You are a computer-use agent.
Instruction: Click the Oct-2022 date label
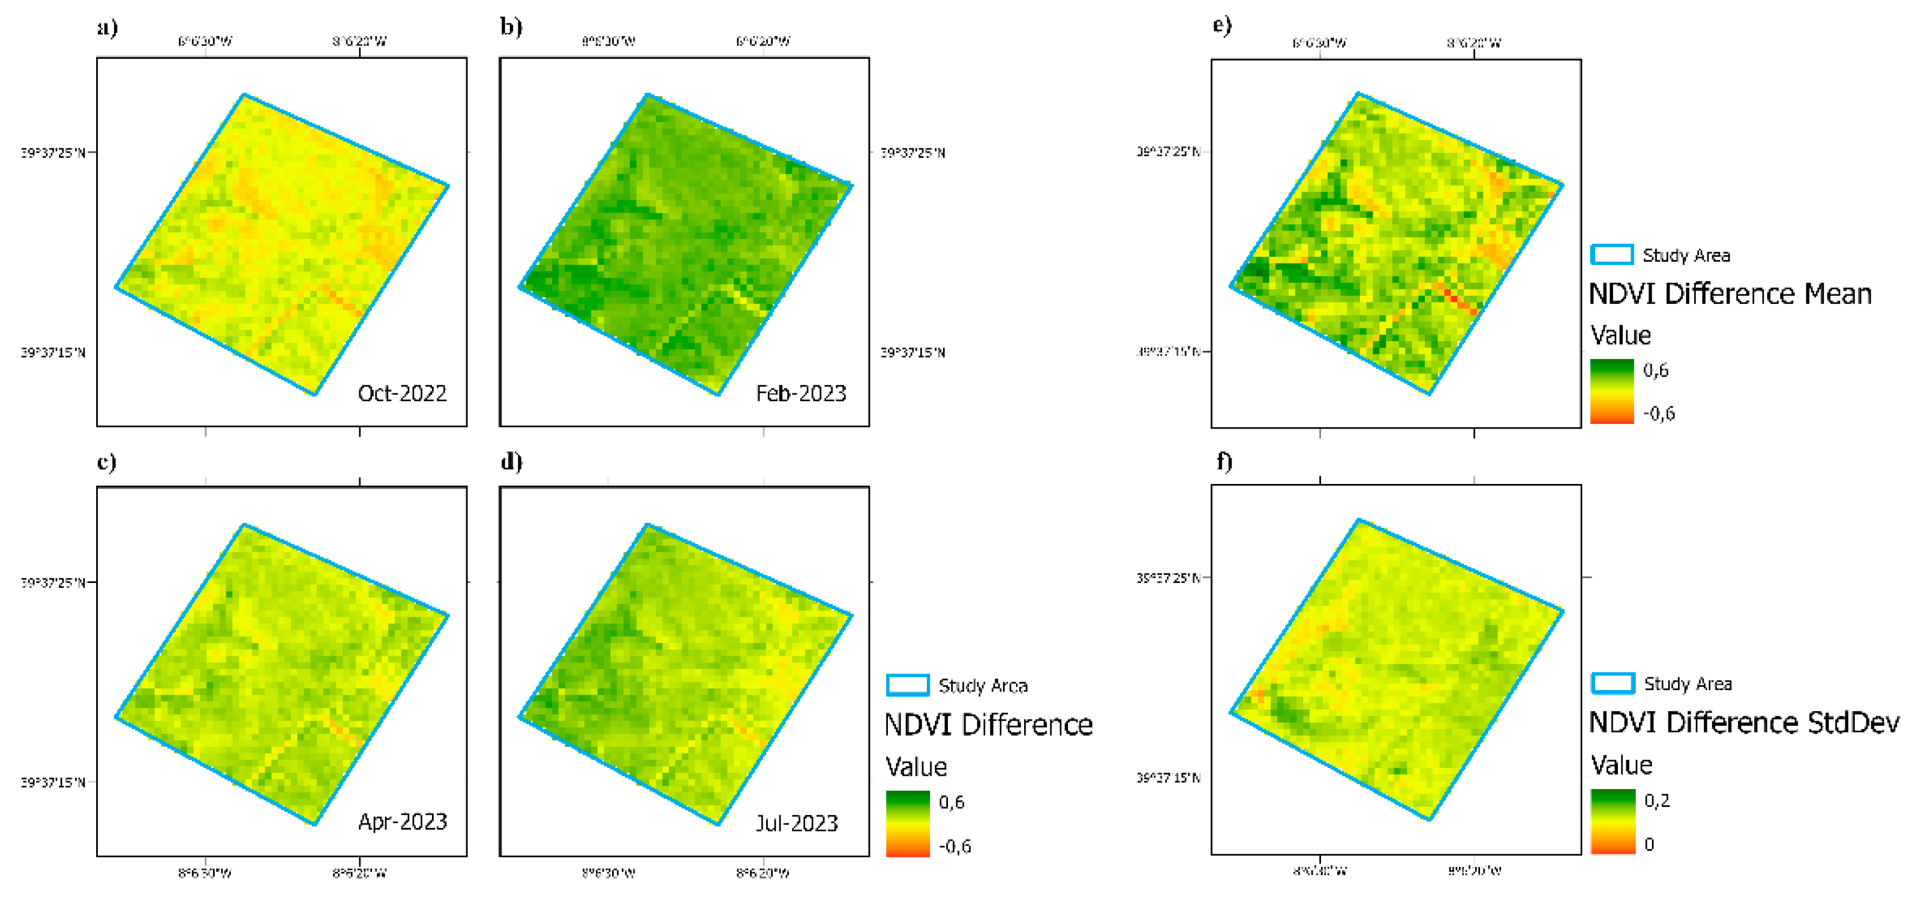(x=402, y=393)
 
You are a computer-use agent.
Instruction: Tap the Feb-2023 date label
(x=801, y=393)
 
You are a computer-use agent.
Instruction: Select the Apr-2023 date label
(x=403, y=821)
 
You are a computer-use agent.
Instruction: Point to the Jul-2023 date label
(x=797, y=823)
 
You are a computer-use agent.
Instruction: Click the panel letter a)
(x=107, y=28)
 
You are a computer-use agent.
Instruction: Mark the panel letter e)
(x=1222, y=26)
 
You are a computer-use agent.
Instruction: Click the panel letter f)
(x=1224, y=462)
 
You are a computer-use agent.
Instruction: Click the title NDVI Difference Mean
(x=1730, y=294)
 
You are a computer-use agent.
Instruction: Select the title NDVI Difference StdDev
(x=1744, y=722)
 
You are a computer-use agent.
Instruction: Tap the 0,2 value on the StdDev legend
(x=1657, y=801)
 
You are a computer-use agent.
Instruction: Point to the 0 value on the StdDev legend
(x=1649, y=845)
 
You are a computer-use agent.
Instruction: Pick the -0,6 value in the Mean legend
(x=1659, y=413)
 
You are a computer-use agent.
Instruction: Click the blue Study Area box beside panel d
(x=907, y=685)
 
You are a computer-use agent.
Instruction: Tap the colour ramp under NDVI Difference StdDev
(x=1613, y=821)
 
